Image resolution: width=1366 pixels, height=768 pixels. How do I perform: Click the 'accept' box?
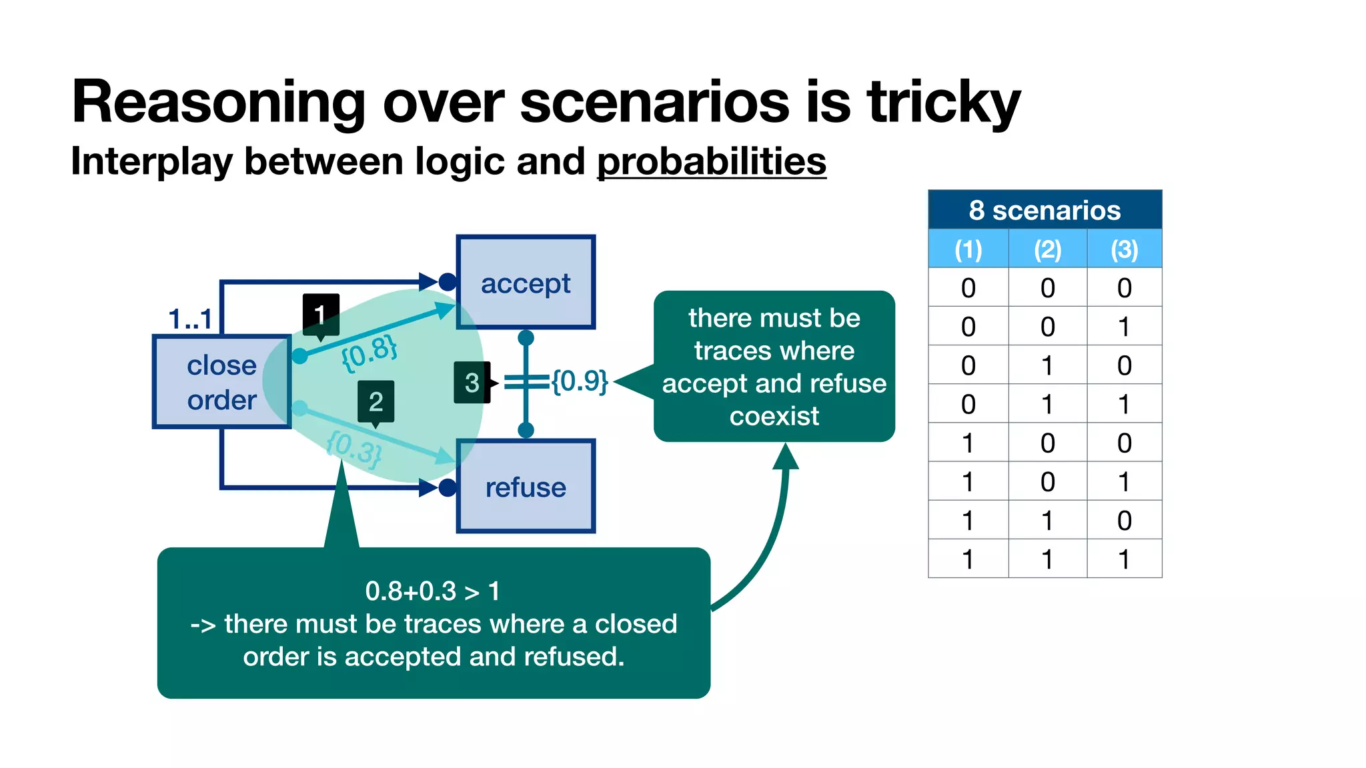point(526,282)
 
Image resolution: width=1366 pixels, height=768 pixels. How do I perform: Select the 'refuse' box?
point(526,486)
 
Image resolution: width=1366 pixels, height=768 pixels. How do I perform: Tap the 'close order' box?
point(221,382)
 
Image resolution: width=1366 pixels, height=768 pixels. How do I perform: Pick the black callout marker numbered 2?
point(376,401)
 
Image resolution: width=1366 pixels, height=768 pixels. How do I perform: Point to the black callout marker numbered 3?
point(472,383)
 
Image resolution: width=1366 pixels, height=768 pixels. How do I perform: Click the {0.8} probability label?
point(369,352)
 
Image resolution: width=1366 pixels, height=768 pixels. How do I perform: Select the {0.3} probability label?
point(354,448)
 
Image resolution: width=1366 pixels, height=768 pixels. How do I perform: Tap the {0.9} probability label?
point(579,381)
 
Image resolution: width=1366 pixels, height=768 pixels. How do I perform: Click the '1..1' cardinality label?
point(190,319)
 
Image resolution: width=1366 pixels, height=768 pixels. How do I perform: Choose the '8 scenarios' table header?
point(1045,210)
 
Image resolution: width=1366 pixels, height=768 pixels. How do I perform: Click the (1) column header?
point(968,249)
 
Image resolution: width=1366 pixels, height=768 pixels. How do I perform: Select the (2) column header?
point(1047,249)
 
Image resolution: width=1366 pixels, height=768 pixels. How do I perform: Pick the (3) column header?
point(1124,249)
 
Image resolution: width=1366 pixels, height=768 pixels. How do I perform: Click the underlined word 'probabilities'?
point(711,161)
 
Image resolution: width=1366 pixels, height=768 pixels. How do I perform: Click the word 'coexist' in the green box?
point(774,416)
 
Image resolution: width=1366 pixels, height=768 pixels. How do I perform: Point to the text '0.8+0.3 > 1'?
point(432,591)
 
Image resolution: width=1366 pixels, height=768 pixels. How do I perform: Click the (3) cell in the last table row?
point(1124,559)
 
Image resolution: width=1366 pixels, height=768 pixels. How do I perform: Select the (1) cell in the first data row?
point(968,288)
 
